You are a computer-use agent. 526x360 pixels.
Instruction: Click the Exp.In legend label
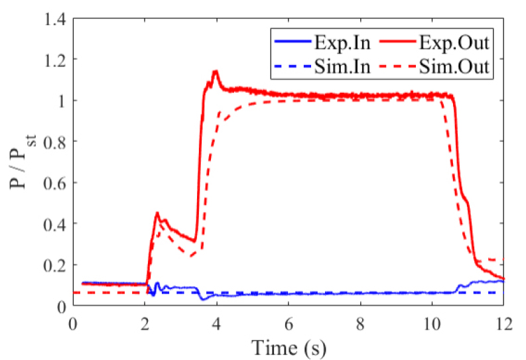point(342,43)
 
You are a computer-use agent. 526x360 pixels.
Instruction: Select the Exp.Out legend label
point(454,43)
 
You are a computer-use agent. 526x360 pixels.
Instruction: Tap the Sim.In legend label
point(342,67)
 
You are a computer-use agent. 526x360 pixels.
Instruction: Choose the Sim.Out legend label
point(454,67)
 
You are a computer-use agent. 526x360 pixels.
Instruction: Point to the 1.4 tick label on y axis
point(54,20)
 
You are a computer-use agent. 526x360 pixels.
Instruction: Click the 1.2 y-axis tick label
point(54,59)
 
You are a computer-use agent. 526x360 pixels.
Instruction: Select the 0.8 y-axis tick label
point(54,141)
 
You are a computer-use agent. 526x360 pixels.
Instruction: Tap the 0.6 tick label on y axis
point(54,182)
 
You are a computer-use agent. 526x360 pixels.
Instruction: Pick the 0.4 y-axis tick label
point(54,223)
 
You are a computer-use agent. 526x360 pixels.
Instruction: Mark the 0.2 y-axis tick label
point(54,265)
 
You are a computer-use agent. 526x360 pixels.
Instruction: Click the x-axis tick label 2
point(145,324)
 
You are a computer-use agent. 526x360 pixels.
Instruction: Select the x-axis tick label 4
point(217,324)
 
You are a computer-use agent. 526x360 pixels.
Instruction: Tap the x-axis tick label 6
point(289,324)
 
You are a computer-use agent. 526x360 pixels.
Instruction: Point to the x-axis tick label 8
point(360,324)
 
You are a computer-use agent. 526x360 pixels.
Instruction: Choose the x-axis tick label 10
point(432,324)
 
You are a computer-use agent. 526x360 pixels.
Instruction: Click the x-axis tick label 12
point(503,324)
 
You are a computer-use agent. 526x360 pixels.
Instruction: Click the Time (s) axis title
point(289,347)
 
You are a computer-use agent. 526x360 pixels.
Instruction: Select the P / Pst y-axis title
point(22,160)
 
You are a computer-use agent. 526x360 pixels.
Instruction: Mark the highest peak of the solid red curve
point(215,71)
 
